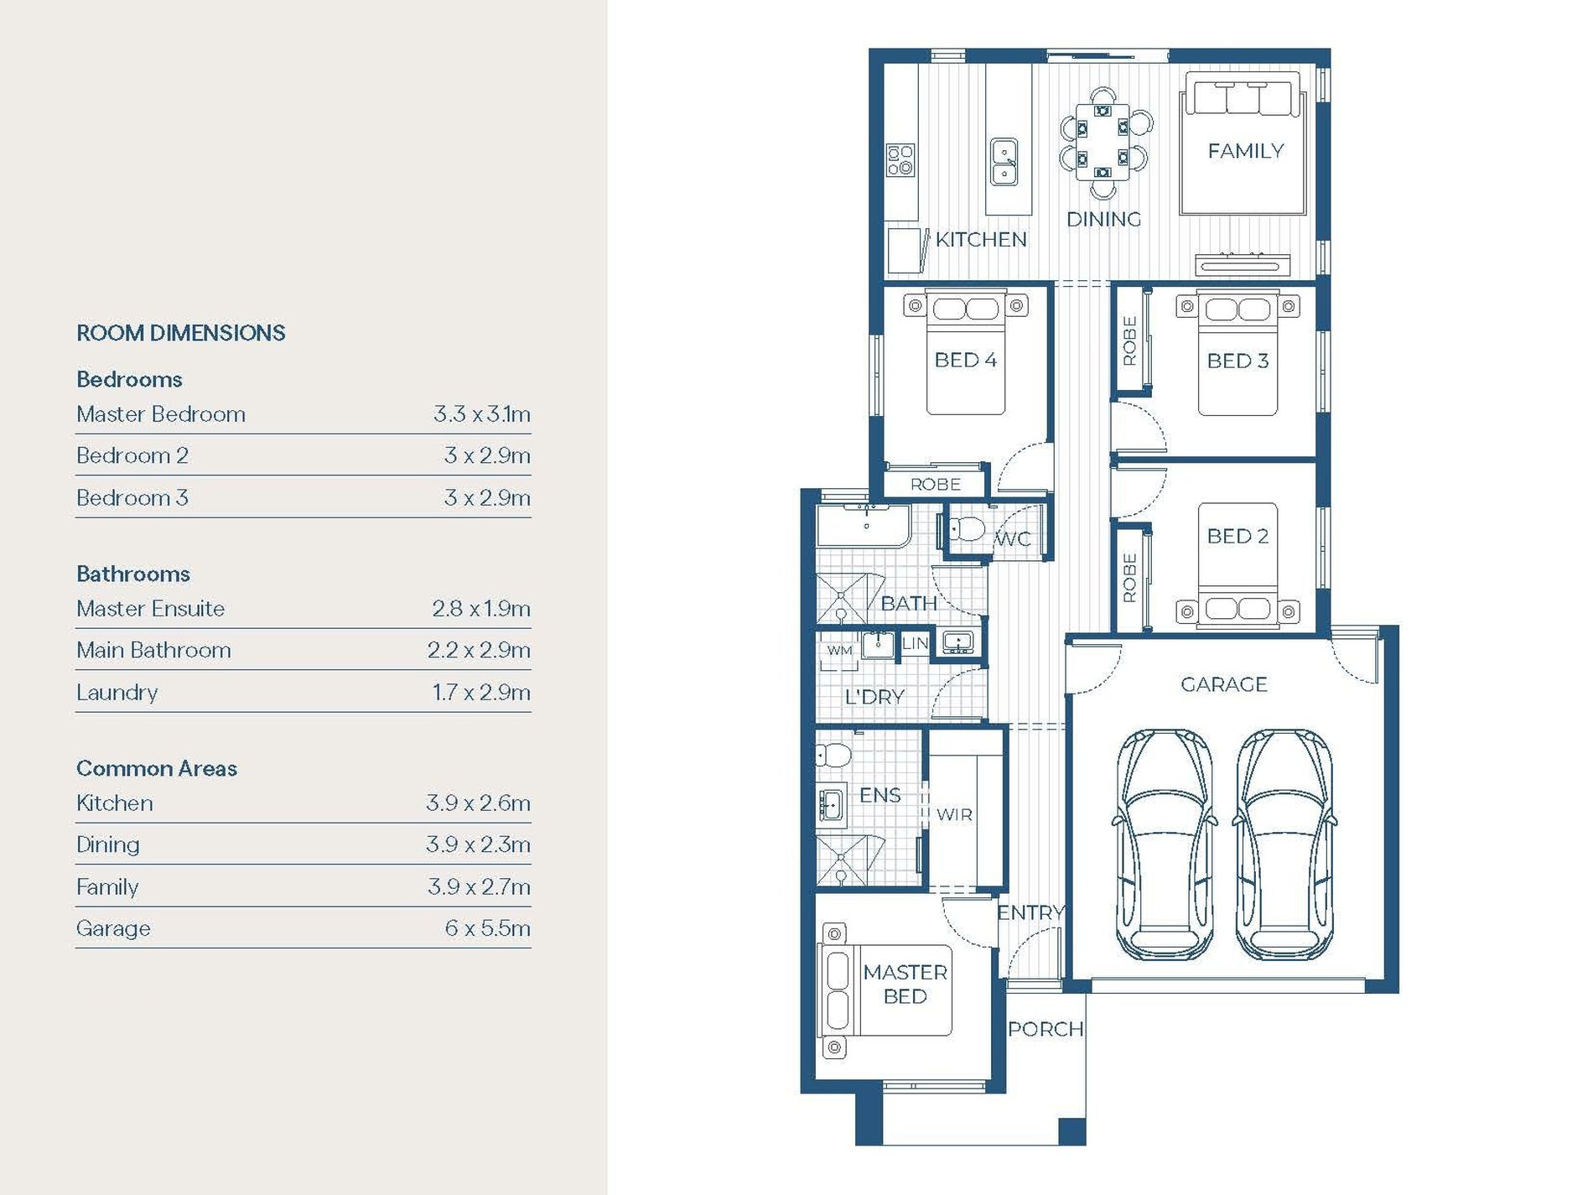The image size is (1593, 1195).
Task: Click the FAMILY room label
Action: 1245,151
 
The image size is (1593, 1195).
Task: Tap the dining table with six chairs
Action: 1103,143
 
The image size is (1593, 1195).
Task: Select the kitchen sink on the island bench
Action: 1004,162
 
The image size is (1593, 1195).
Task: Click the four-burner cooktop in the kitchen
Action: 900,160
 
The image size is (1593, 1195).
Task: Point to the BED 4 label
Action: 965,360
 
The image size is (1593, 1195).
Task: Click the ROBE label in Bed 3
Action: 1129,340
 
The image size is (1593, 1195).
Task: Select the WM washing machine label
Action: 839,650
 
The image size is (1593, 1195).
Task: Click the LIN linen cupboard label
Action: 915,643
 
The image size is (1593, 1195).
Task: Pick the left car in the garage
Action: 1164,844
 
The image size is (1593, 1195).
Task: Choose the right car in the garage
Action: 1284,844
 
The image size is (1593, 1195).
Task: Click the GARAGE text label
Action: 1223,684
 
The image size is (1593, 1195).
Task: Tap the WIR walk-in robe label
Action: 954,814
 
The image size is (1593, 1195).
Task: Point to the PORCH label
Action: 1046,1029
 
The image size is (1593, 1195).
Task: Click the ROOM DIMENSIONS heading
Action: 181,333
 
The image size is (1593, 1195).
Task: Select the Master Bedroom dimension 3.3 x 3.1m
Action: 482,414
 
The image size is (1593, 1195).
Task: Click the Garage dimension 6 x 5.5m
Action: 487,928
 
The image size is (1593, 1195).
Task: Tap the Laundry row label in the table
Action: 117,693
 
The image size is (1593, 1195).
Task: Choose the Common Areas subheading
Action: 157,768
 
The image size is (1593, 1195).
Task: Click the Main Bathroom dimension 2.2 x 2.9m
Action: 479,650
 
